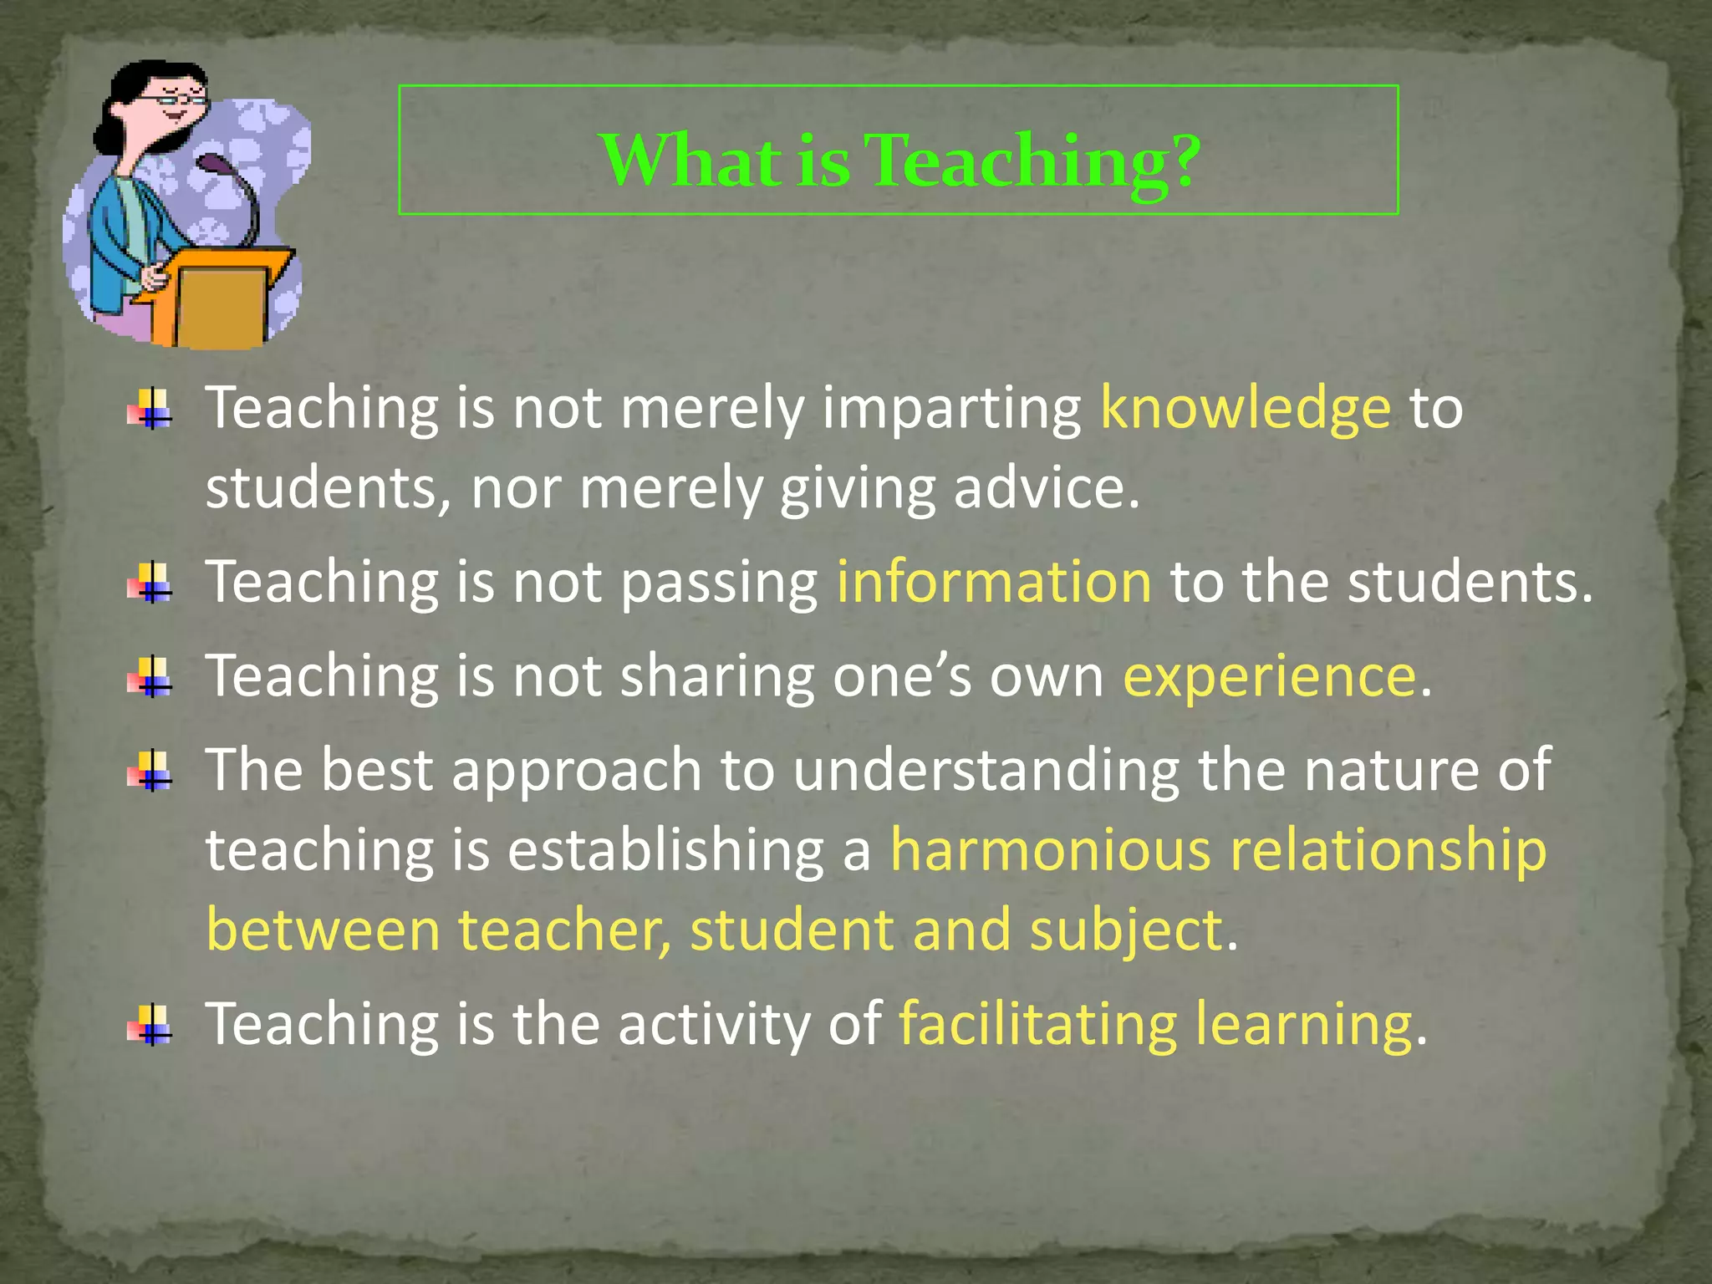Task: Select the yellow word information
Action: click(x=994, y=582)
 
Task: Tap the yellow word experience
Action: click(x=1269, y=676)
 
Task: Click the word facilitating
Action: click(x=1038, y=1025)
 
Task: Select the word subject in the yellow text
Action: click(x=1126, y=931)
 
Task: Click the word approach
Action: click(x=577, y=772)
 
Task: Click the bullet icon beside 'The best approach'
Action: click(x=150, y=771)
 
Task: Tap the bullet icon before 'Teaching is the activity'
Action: click(x=150, y=1025)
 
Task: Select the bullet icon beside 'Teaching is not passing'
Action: click(x=150, y=583)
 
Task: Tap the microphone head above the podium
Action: click(x=212, y=162)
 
